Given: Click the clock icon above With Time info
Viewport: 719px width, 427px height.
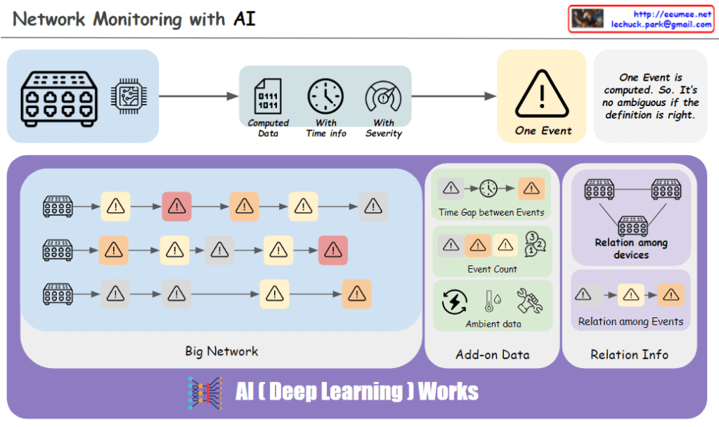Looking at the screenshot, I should [325, 97].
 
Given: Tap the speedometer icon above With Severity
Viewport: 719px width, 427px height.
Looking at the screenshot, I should [383, 97].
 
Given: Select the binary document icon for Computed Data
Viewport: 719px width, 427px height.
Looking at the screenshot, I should [268, 97].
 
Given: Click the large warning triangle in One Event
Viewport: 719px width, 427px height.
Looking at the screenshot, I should [542, 93].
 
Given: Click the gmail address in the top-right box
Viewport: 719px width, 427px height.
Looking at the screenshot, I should [661, 25].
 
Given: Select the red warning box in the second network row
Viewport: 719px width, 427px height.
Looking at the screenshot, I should [332, 249].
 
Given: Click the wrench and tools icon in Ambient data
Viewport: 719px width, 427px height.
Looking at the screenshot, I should [528, 301].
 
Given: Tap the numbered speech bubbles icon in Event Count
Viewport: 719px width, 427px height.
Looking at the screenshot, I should [535, 245].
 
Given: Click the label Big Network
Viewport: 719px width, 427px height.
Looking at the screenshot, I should [221, 351].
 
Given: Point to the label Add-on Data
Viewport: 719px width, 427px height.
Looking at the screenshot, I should [492, 355].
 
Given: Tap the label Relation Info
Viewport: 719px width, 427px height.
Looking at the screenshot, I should [629, 355].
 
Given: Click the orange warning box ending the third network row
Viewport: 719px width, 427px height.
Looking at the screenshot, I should [357, 294].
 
